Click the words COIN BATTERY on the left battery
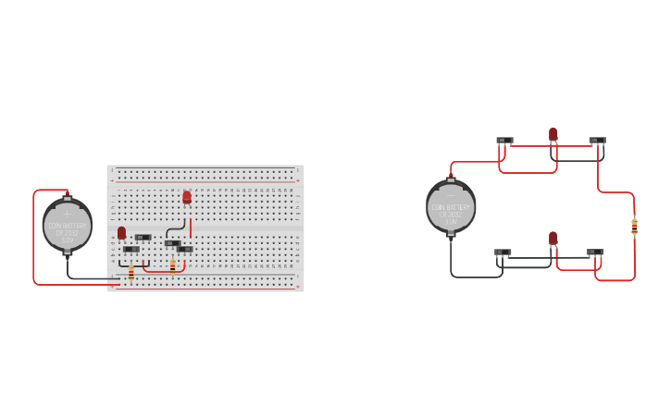[x=67, y=226]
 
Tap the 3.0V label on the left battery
[x=67, y=240]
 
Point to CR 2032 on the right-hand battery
[x=451, y=214]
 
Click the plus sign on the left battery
[x=67, y=213]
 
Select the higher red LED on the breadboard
[x=187, y=196]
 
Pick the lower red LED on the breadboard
[x=121, y=232]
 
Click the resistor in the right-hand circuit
[x=634, y=225]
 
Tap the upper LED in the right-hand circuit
[x=553, y=134]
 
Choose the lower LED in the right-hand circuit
[x=553, y=238]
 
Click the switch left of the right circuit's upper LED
[x=504, y=141]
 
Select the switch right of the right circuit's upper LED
[x=597, y=141]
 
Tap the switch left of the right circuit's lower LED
[x=503, y=252]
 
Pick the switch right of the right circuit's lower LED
[x=595, y=252]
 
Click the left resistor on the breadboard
[x=131, y=272]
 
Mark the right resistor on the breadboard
[x=172, y=265]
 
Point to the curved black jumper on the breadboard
[x=172, y=228]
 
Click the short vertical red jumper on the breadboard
[x=191, y=228]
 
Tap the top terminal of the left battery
[x=67, y=194]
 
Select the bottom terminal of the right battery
[x=451, y=236]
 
